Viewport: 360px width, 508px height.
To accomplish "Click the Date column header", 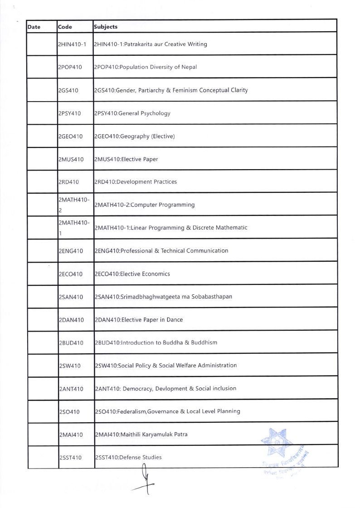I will click(x=34, y=27).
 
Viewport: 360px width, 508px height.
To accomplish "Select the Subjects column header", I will click(x=106, y=27).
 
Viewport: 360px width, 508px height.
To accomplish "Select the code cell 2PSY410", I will click(x=70, y=113).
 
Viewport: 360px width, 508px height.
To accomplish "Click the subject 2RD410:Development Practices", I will click(x=135, y=182).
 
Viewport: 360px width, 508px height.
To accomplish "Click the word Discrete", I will click(x=205, y=228).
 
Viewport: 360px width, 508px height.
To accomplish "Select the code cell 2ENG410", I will click(x=71, y=251).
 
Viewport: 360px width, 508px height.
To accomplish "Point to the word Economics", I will click(x=156, y=274).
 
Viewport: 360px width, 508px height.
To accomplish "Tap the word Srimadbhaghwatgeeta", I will click(x=154, y=297).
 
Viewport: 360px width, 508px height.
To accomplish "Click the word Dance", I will click(x=174, y=320).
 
